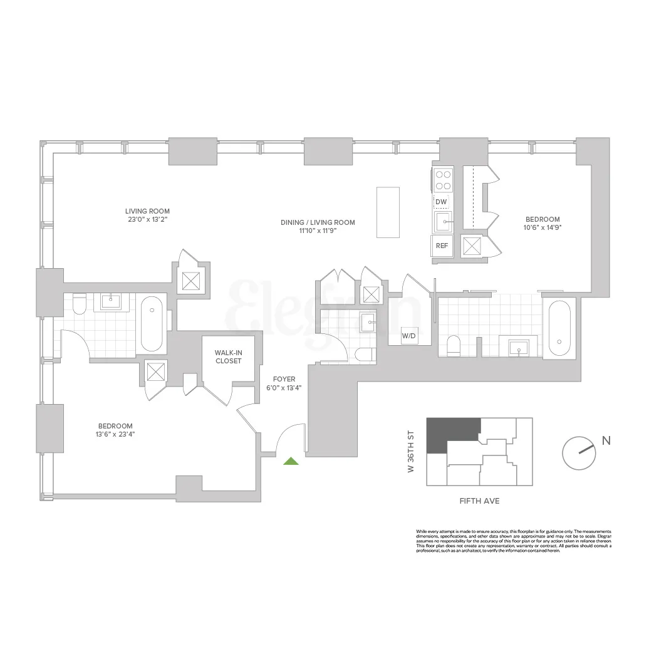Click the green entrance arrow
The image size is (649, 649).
[290, 462]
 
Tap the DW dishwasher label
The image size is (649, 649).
[442, 201]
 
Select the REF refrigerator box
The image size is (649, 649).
[442, 246]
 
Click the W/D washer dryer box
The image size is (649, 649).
[409, 336]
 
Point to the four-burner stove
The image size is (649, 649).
[444, 180]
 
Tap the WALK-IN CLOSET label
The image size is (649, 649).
[228, 356]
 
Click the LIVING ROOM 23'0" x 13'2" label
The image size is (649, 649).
[147, 215]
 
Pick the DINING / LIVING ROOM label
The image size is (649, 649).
[318, 226]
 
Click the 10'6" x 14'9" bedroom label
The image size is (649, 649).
[543, 224]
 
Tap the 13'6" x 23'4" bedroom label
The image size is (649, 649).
[115, 430]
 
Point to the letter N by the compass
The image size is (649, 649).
[606, 440]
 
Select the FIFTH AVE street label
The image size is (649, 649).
[479, 501]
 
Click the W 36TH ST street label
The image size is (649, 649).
[412, 451]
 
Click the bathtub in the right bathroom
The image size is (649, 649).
[560, 328]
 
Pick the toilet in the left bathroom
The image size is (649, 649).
[79, 304]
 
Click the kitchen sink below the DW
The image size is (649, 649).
[444, 221]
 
